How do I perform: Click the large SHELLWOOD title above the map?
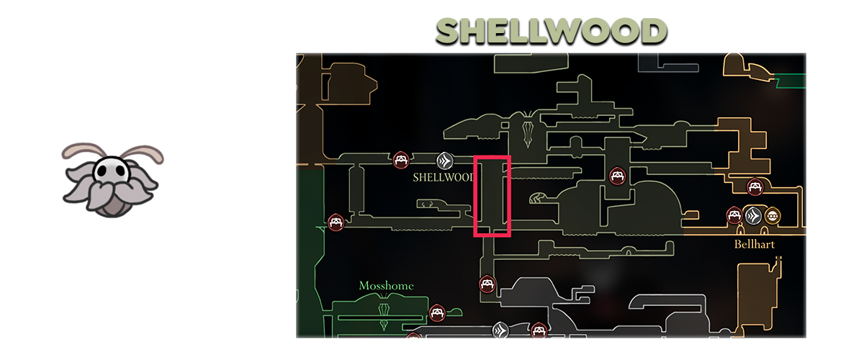point(552,31)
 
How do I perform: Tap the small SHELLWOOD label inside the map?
point(441,177)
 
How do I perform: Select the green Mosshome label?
point(386,286)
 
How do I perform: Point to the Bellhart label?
point(754,244)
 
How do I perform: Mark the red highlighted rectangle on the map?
point(492,196)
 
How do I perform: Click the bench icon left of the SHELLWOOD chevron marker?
point(402,159)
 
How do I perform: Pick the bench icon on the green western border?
point(335,222)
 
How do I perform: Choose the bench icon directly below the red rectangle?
point(487,284)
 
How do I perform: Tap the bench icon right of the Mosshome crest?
point(436,312)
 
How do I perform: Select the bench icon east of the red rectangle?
point(616,175)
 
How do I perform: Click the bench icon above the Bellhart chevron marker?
point(755,186)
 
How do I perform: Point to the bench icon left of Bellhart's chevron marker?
point(734,215)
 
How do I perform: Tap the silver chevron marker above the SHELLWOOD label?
point(445,159)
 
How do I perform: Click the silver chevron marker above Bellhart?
point(753,215)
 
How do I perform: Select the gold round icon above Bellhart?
point(773,215)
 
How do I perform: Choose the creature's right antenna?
point(147,152)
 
